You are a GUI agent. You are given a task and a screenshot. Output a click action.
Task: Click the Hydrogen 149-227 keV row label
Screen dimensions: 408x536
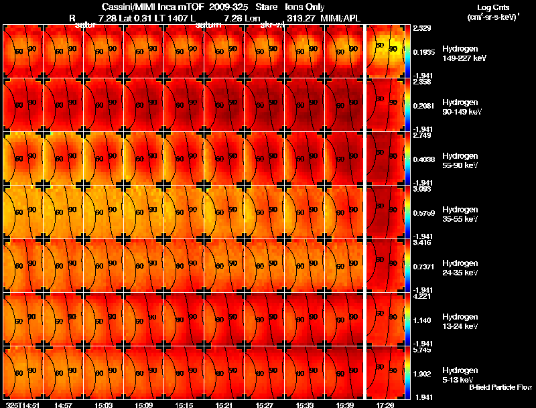[464, 54]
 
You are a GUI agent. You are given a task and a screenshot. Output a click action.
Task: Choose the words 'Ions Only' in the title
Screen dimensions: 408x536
[310, 7]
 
